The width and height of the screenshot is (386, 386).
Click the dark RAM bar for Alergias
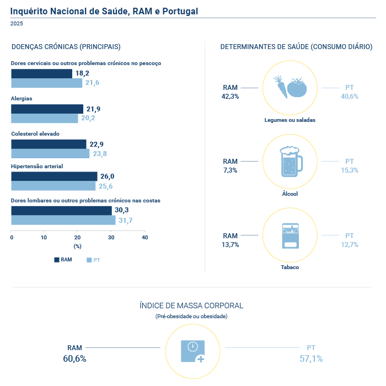47,109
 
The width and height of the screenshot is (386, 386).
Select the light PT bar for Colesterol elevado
50,154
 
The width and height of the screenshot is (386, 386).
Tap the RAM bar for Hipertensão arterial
54,176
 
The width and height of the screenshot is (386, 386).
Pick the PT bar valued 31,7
63,220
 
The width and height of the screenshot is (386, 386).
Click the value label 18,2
82,73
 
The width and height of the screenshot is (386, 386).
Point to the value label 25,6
106,186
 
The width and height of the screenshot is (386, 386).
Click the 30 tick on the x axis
111,237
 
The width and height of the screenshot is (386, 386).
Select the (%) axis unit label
77,246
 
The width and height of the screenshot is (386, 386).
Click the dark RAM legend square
57,260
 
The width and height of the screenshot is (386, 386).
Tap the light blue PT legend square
89,260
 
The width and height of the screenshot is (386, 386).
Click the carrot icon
281,87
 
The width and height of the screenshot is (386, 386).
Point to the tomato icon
297,88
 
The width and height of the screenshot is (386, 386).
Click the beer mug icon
291,162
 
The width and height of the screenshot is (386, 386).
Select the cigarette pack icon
291,236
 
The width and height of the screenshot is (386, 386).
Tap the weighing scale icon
193,351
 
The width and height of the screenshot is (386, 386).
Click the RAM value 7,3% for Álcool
230,170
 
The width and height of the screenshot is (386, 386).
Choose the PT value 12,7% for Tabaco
350,245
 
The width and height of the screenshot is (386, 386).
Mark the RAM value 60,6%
74,358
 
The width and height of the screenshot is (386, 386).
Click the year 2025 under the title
17,24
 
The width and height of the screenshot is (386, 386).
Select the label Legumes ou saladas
289,120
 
